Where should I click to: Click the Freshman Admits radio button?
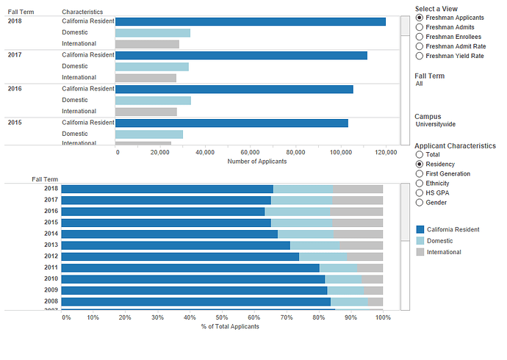coord(420,27)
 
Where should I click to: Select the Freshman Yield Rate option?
coord(420,56)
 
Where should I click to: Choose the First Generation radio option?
coord(420,174)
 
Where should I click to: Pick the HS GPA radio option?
coord(420,193)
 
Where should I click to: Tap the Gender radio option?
coord(420,203)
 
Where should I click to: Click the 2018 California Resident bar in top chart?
coord(250,21)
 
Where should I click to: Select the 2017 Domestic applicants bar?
coord(152,67)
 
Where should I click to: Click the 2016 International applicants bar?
coord(146,112)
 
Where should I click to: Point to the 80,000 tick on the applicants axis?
coord(295,152)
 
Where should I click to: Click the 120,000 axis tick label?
coord(386,152)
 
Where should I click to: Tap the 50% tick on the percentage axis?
coord(222,317)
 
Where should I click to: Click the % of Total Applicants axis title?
coord(230,325)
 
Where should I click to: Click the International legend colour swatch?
coord(420,252)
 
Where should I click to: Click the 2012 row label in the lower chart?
coord(51,256)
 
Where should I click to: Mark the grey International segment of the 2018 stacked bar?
coord(359,189)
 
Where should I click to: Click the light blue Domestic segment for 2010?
coord(343,279)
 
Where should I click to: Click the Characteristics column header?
coord(82,12)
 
